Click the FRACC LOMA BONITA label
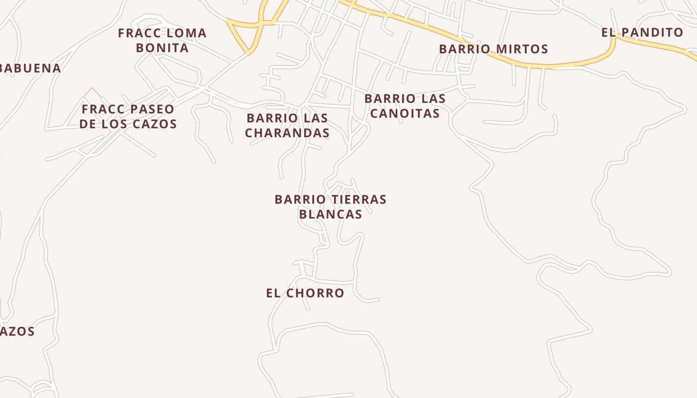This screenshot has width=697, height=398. point(162,40)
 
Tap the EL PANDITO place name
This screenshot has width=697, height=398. point(642,33)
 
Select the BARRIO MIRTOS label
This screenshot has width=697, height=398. point(493,49)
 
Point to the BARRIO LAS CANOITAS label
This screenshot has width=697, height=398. point(405,106)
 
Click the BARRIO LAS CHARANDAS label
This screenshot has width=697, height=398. point(287,125)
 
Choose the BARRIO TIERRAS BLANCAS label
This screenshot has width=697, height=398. point(331,206)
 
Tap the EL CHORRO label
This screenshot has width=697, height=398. point(305,293)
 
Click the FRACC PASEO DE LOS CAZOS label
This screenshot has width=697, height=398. point(128,116)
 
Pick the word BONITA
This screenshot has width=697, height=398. point(162,48)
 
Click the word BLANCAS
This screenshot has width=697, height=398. point(331,214)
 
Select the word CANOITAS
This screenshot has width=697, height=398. point(405,113)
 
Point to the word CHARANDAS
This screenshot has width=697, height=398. point(287,133)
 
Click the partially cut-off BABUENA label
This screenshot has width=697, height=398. point(30,69)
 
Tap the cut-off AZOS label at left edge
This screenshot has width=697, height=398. point(17,331)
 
